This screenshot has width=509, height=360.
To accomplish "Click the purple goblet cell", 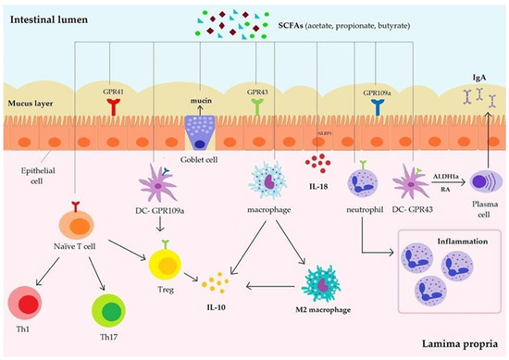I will click(x=201, y=132).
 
